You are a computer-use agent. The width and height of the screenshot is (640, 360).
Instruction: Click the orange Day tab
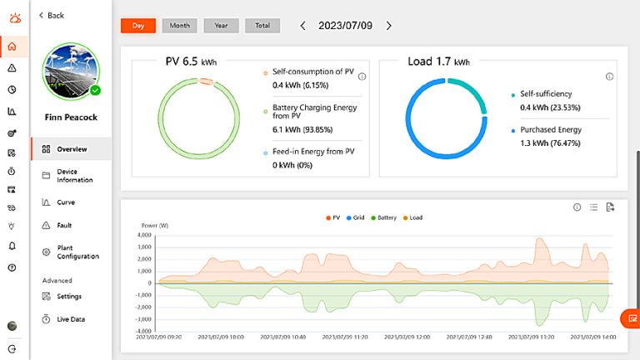138,26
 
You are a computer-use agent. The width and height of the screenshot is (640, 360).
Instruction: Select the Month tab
179,26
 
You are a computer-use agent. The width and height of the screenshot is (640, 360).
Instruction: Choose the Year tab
220,26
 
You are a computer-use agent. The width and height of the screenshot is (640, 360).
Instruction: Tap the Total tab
262,26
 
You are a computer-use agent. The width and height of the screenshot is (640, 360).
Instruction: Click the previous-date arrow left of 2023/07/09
302,26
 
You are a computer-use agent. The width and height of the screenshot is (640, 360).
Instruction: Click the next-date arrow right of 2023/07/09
388,26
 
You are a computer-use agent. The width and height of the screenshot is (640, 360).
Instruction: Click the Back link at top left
52,15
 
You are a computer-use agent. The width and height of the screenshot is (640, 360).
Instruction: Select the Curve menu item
65,202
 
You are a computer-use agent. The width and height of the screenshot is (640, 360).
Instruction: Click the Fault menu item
64,225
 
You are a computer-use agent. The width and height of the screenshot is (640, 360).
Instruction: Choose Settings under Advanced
68,296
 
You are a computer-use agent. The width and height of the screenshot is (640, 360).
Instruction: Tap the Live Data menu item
70,319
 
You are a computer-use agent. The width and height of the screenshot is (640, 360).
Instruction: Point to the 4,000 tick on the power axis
143,235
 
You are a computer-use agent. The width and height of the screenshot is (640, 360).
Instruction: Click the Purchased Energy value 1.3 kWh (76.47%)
550,143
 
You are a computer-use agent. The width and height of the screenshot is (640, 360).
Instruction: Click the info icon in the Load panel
609,77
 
